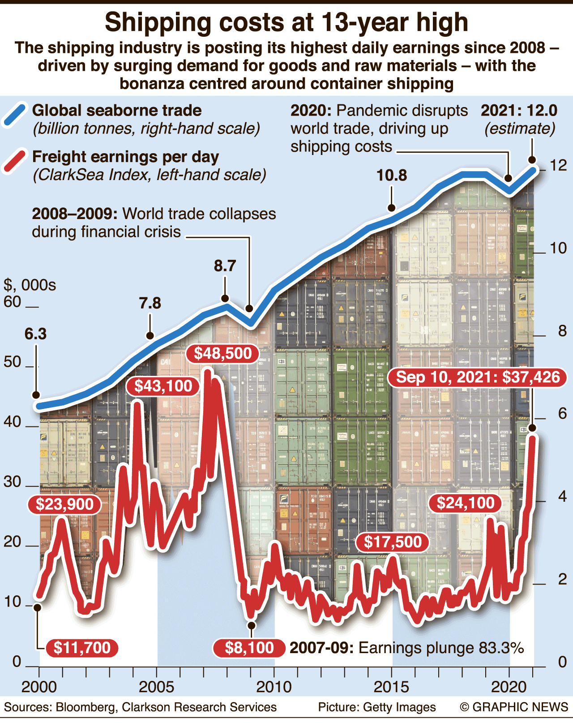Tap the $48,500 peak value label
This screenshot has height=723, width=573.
pyautogui.click(x=222, y=353)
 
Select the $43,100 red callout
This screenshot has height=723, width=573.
pyautogui.click(x=163, y=386)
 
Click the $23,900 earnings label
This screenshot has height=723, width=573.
pyautogui.click(x=64, y=504)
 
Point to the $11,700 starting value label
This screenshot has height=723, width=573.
pyautogui.click(x=81, y=648)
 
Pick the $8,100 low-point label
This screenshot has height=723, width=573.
pyautogui.click(x=249, y=648)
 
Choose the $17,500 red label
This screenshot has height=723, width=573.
pyautogui.click(x=393, y=542)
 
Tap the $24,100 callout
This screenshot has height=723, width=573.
pyautogui.click(x=466, y=503)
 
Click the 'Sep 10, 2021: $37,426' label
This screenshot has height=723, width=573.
pyautogui.click(x=478, y=377)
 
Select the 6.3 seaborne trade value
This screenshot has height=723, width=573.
pyautogui.click(x=35, y=334)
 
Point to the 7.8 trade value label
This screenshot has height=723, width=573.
pyautogui.click(x=150, y=303)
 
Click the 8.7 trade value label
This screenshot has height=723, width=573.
pyautogui.click(x=225, y=266)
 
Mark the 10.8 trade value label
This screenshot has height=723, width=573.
pyautogui.click(x=392, y=175)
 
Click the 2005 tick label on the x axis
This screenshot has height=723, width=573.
pyautogui.click(x=156, y=687)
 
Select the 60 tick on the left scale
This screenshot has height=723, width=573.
pyautogui.click(x=13, y=302)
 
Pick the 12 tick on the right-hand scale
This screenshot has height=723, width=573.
pyautogui.click(x=558, y=165)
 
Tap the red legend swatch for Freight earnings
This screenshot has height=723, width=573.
pyautogui.click(x=15, y=161)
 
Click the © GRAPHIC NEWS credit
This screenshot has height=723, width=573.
pyautogui.click(x=514, y=707)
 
